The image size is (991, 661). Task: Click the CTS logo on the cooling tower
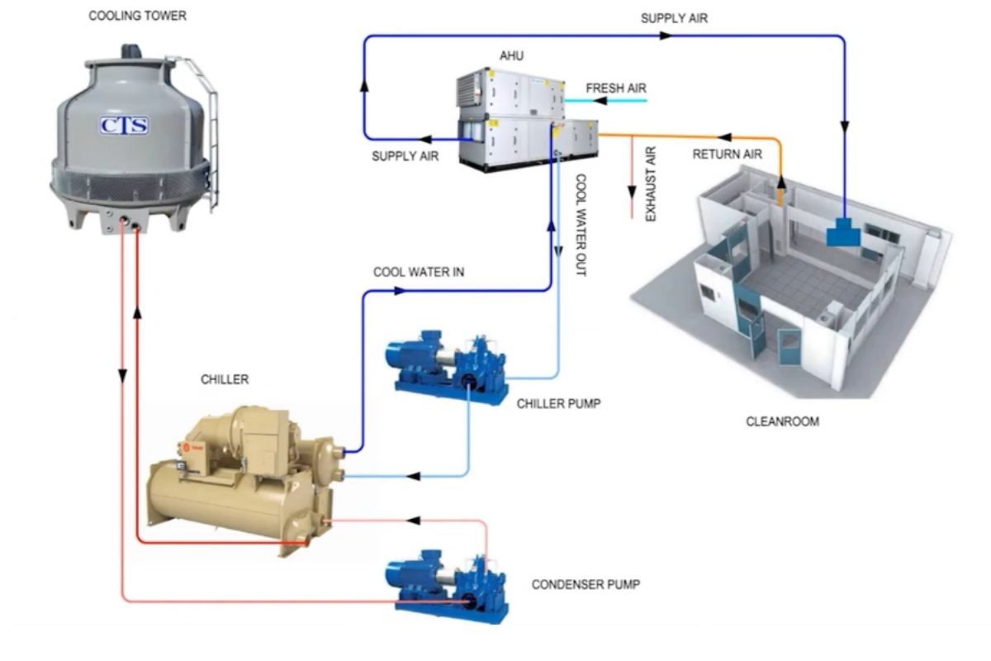[x=125, y=126]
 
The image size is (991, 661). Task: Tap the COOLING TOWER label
[x=138, y=16]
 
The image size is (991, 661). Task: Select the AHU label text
[x=511, y=56]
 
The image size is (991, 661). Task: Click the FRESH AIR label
[x=616, y=88]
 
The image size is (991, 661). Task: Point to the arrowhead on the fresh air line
[x=600, y=101]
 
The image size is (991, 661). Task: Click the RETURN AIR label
[x=727, y=154]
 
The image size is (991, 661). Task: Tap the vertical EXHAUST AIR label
[x=650, y=183]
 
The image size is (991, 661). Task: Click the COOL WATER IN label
[x=419, y=272]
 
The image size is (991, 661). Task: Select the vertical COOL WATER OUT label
[x=580, y=224]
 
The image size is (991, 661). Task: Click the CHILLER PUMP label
[x=559, y=404]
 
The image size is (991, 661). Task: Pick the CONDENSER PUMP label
[x=586, y=585]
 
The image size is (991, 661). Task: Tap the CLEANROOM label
[x=782, y=421]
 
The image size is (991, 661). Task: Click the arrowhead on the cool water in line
[x=400, y=291]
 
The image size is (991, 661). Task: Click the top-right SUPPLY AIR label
[x=674, y=18]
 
